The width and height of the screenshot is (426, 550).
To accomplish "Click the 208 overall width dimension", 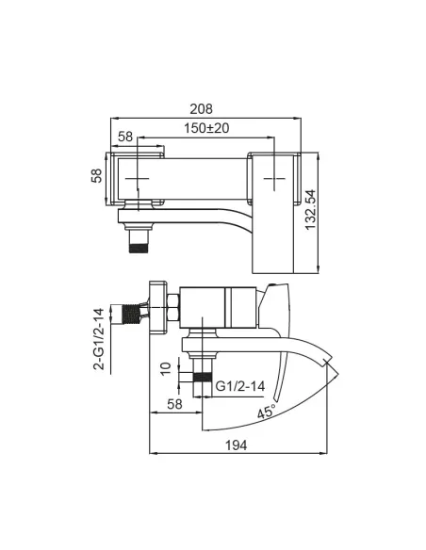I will coord(205,109).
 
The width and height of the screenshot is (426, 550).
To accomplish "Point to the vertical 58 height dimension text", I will coord(96,176).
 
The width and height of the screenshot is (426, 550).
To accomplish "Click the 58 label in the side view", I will coord(173,403).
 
